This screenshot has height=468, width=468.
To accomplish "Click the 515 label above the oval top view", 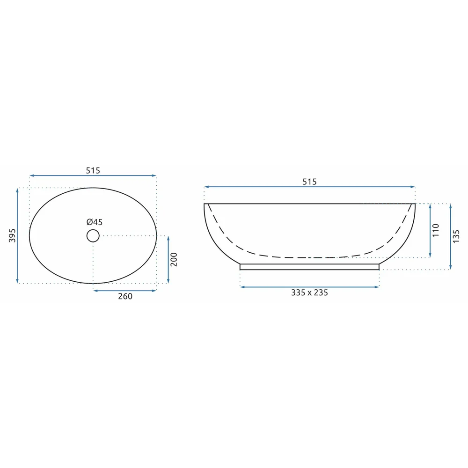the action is [x=93, y=170].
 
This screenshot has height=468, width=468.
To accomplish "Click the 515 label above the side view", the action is [x=309, y=182].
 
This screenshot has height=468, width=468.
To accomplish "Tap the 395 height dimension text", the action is [x=12, y=235].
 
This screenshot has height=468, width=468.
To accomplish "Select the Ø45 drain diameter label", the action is [x=95, y=222].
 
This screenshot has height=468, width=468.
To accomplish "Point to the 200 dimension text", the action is [x=174, y=259].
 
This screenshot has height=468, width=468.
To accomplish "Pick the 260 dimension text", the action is [x=125, y=296].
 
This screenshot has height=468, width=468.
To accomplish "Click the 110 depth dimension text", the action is [x=436, y=230].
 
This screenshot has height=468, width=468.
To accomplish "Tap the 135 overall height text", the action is [x=456, y=236].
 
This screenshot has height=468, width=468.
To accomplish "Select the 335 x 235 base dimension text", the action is [x=309, y=292].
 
